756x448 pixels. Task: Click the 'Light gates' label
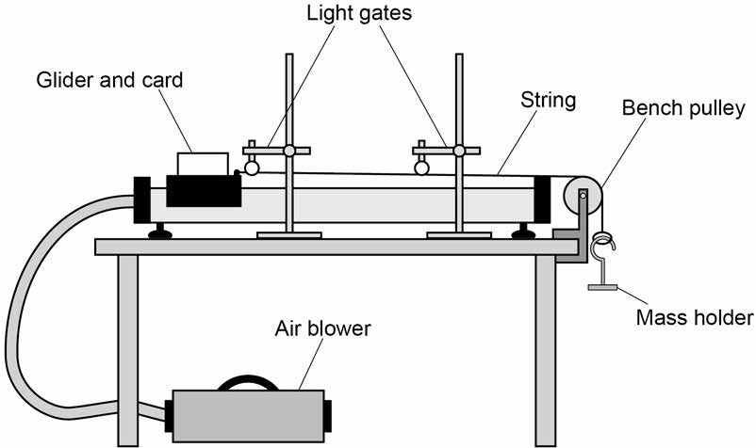click(x=359, y=13)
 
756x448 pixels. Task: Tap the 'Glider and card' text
click(x=109, y=80)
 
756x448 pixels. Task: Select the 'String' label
click(x=549, y=100)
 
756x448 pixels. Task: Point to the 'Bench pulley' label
click(x=683, y=108)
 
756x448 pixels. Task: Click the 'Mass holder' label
click(x=695, y=317)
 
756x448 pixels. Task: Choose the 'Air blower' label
click(x=323, y=328)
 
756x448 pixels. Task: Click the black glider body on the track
click(x=204, y=190)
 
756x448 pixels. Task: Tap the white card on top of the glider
click(x=203, y=164)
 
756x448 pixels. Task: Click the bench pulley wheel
click(x=583, y=196)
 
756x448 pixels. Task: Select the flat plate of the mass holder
click(x=602, y=288)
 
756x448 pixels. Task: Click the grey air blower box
click(x=248, y=416)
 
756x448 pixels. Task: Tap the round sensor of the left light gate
click(x=252, y=168)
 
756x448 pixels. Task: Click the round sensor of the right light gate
click(x=422, y=168)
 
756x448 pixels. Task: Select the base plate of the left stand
click(x=289, y=235)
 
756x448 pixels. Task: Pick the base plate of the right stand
click(x=459, y=235)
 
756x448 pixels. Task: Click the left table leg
click(x=128, y=350)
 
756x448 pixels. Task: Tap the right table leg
click(x=546, y=350)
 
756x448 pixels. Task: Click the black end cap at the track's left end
click(x=142, y=200)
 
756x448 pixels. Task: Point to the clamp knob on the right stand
click(x=459, y=151)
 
